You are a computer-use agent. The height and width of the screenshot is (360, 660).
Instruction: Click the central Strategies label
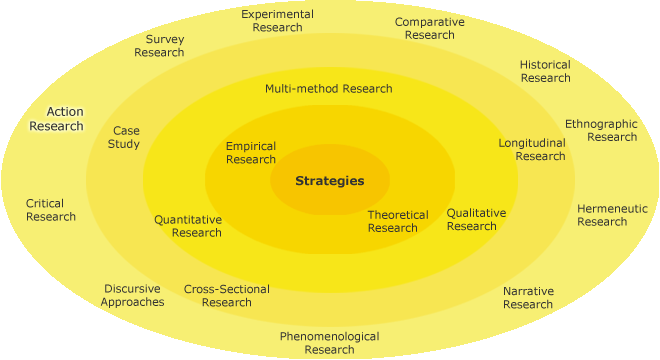[329, 181]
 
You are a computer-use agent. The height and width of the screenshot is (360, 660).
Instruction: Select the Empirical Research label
[251, 153]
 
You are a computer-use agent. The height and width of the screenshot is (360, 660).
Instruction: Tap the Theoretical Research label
[398, 221]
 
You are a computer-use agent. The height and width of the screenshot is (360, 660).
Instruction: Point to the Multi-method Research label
[328, 88]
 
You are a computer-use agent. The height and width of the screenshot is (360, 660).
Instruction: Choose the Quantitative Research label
[188, 226]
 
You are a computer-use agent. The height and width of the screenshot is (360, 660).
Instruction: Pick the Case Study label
[125, 137]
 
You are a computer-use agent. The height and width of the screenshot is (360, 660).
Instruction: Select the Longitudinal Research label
[532, 149]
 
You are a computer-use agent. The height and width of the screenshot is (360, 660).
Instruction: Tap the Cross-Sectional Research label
[227, 296]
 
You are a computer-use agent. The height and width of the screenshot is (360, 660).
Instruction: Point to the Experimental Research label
[278, 21]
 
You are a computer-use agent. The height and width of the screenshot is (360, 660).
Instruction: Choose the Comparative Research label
[429, 28]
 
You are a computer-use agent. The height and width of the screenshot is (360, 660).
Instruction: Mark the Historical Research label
[545, 71]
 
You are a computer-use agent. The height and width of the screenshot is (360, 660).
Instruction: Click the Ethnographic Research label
[601, 130]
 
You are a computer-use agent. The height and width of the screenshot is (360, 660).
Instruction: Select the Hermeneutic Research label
[612, 215]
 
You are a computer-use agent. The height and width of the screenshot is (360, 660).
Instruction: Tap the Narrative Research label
[528, 297]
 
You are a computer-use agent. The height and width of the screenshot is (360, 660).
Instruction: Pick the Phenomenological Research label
[329, 343]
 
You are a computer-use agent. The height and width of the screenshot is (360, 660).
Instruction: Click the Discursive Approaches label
[132, 295]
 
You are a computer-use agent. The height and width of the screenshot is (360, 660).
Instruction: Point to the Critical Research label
[51, 210]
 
